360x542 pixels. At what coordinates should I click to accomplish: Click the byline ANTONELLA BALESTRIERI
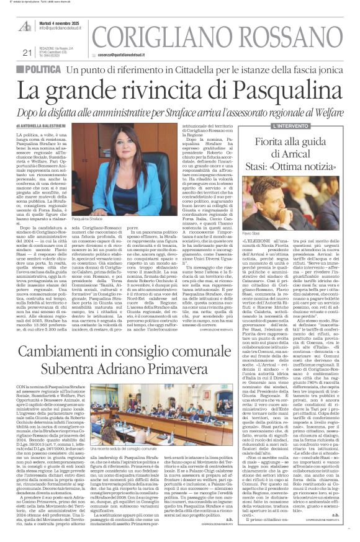coord(65,126)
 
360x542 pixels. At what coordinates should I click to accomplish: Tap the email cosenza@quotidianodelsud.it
coord(127,55)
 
